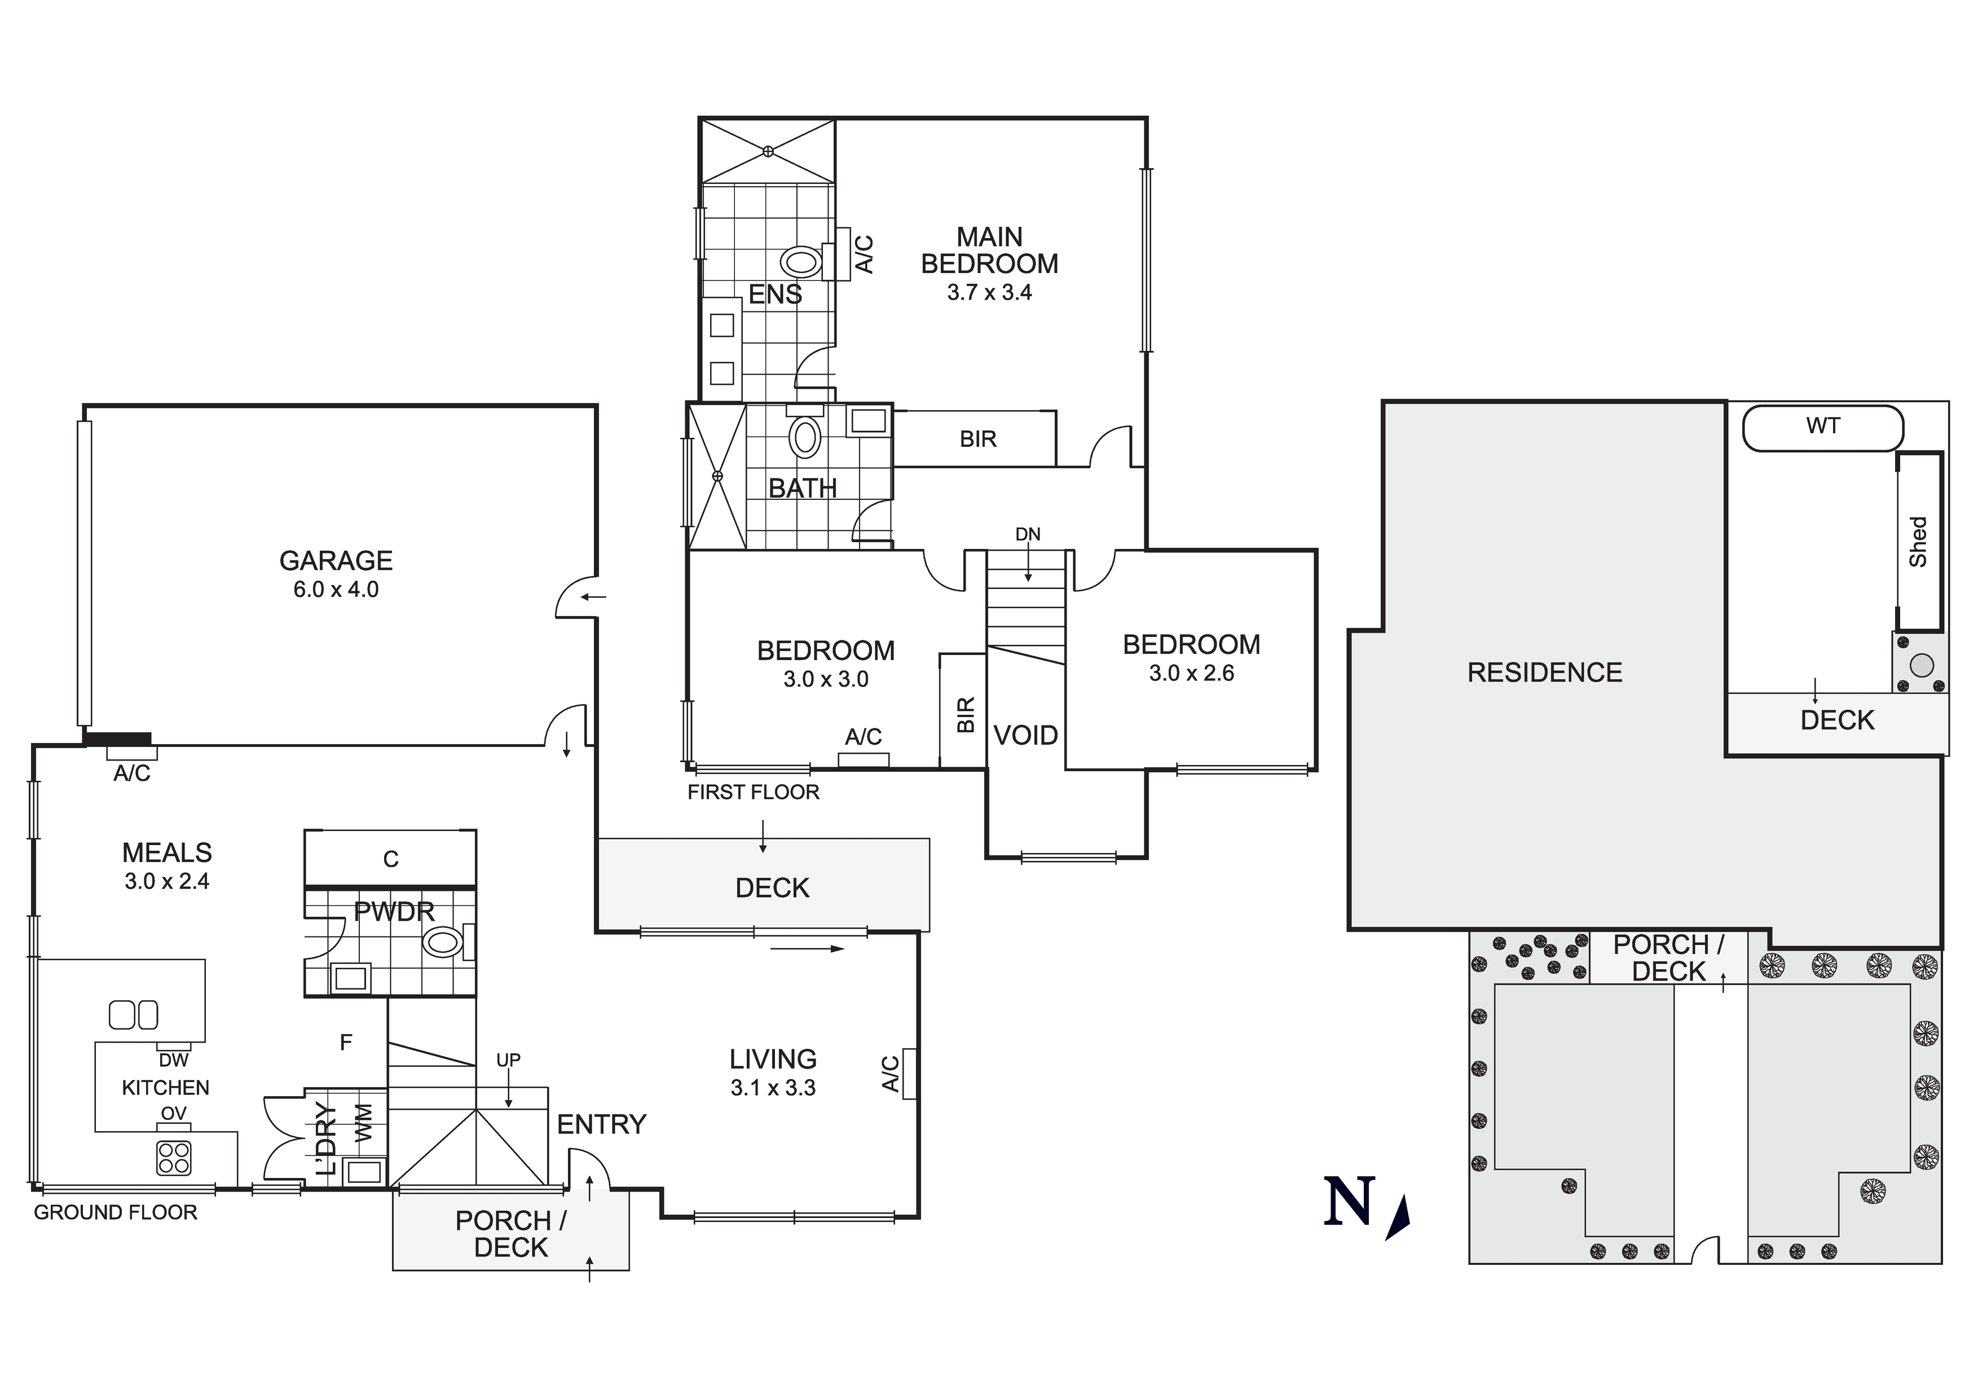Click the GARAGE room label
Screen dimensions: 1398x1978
click(x=336, y=561)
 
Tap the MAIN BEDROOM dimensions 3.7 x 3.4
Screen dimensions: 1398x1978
click(x=989, y=293)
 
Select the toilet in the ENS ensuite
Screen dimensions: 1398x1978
click(x=800, y=260)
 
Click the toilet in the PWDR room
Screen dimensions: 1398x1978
click(x=443, y=942)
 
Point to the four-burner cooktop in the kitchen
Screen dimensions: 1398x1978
click(x=173, y=1158)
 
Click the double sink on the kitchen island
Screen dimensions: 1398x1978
click(x=134, y=1014)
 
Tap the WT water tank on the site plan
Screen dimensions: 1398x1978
click(x=1822, y=427)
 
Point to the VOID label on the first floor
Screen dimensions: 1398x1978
click(x=1025, y=735)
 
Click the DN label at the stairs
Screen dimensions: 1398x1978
click(x=1028, y=534)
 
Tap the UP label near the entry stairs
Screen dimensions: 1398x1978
click(x=508, y=1060)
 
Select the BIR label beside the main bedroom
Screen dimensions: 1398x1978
click(x=978, y=439)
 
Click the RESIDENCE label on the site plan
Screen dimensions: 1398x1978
click(x=1545, y=672)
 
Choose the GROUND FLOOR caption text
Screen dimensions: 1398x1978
click(x=116, y=1213)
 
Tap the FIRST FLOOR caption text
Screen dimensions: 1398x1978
click(x=753, y=792)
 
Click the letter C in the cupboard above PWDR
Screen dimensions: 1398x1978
click(x=390, y=859)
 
